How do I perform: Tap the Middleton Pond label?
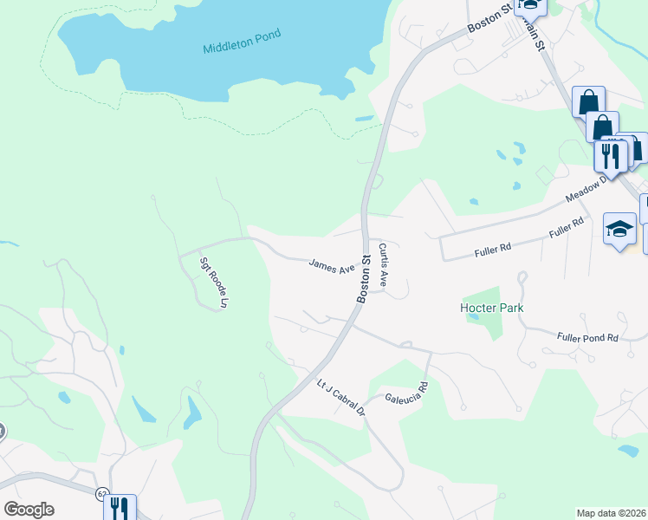pos(243,44)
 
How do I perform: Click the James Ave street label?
pos(333,266)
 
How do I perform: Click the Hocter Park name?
pos(491,308)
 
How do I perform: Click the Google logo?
pos(29,509)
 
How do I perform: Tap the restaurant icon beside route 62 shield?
pos(120,507)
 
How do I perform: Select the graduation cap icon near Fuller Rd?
pos(619,229)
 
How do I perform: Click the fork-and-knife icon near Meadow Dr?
pos(611,155)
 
